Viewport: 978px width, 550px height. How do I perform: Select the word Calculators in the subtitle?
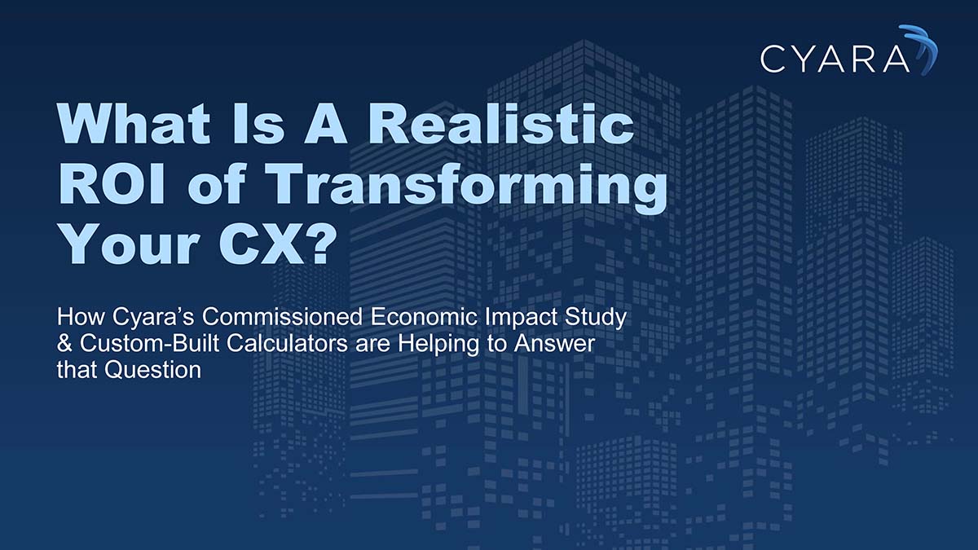[x=260, y=343]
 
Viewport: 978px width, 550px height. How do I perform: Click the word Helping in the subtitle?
[x=431, y=343]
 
